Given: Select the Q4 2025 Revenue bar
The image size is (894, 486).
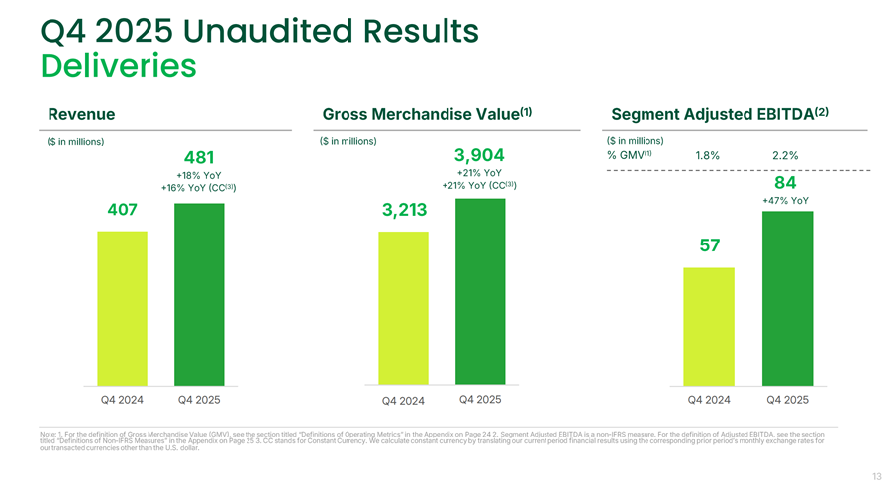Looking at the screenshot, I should [199, 294].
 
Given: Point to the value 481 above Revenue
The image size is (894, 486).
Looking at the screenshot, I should [200, 158].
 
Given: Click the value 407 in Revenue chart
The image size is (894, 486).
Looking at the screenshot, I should [122, 211].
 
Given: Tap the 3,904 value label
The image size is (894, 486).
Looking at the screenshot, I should [479, 155].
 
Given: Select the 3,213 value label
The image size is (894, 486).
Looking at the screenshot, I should [403, 211].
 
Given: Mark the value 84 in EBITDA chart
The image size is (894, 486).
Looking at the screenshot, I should [787, 183].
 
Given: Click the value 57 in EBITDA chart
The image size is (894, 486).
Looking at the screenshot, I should [709, 245].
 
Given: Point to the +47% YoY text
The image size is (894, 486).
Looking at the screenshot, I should [786, 201].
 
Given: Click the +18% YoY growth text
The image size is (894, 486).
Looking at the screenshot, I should [199, 176].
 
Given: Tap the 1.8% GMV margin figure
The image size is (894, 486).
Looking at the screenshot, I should [707, 155].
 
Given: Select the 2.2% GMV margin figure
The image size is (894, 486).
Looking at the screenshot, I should [784, 155].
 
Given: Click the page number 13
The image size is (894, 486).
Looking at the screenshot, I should [876, 474].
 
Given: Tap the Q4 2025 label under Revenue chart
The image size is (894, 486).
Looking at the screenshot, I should [199, 400].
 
